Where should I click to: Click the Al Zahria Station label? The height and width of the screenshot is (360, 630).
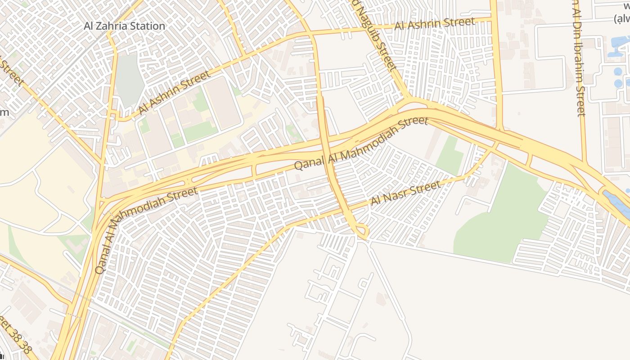[125, 26]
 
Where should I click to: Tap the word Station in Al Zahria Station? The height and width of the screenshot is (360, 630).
[148, 26]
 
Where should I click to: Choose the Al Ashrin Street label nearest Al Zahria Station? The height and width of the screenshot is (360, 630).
[174, 92]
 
